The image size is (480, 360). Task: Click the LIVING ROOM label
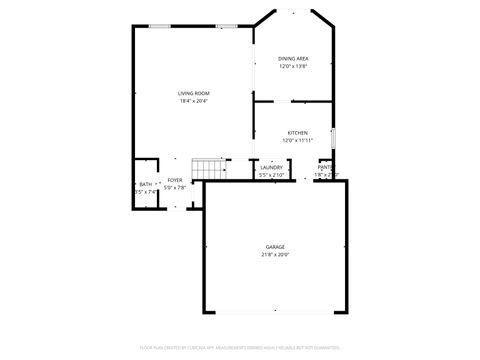click(x=194, y=93)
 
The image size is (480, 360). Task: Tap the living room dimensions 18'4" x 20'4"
click(x=194, y=100)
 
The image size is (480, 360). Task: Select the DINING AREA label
click(x=293, y=59)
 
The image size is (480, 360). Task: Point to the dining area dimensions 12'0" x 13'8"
click(x=293, y=66)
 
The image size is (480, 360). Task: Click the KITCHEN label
click(x=297, y=133)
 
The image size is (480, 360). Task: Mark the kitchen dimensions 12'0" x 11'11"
click(x=297, y=140)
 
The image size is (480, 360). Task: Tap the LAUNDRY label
click(x=272, y=167)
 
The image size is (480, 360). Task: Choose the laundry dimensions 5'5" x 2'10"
click(x=272, y=175)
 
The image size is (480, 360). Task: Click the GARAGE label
click(x=275, y=247)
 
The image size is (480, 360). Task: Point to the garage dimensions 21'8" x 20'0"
click(x=275, y=254)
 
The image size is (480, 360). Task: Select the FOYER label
click(x=175, y=180)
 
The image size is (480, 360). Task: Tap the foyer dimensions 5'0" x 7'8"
click(x=175, y=187)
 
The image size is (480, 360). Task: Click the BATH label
click(x=146, y=184)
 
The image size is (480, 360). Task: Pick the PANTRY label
click(x=326, y=167)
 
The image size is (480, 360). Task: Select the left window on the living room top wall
click(x=158, y=25)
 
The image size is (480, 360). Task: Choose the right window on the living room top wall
click(x=227, y=25)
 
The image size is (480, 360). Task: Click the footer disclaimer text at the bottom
click(x=240, y=348)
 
